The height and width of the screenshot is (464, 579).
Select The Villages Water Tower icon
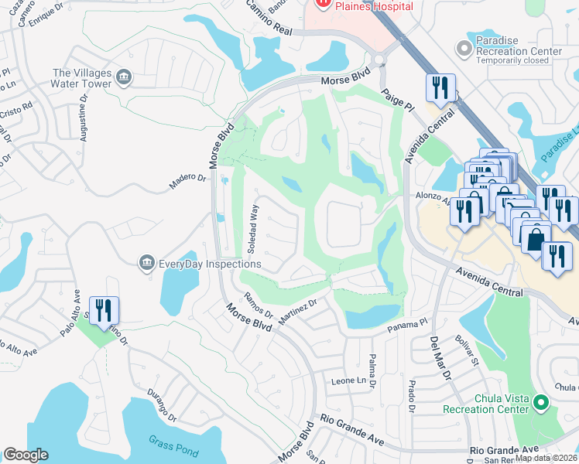tap(124, 77)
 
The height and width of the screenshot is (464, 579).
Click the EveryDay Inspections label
tap(210, 264)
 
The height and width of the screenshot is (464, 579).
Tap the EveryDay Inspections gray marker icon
tap(146, 264)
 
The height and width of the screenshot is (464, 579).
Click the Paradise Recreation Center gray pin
tap(464, 48)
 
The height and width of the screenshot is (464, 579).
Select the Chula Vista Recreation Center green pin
tap(542, 404)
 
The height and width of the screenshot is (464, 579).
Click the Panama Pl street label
tap(407, 326)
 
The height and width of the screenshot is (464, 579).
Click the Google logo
tap(26, 455)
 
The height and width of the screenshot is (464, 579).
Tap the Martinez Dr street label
tap(298, 312)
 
